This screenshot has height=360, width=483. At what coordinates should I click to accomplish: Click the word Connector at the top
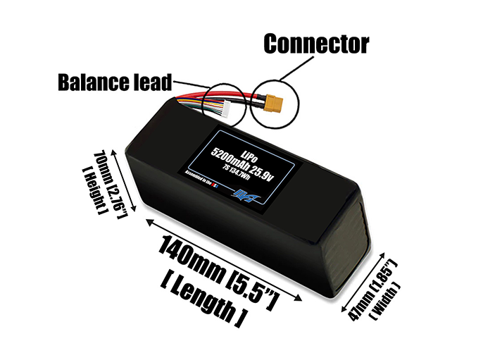point(316,44)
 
